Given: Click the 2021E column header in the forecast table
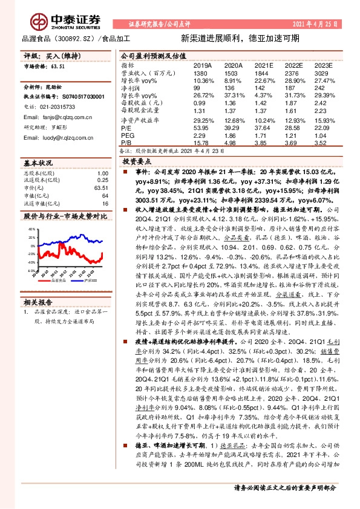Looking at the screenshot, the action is tap(264, 64).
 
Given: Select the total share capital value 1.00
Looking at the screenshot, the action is tap(102, 174).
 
